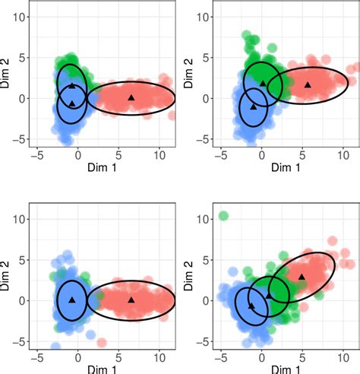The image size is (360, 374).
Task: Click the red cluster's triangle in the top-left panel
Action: (131, 97)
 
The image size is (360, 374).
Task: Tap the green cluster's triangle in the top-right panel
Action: (263, 84)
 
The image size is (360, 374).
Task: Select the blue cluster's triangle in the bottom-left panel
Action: (72, 300)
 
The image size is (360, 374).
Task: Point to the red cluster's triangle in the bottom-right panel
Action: (302, 277)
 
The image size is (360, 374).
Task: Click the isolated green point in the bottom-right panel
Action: (223, 216)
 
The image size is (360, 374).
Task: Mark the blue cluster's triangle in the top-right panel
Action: (254, 106)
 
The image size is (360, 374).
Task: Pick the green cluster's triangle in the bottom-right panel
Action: (268, 295)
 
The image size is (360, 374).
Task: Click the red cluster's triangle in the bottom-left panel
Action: (131, 300)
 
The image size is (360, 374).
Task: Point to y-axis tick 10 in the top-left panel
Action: (22, 16)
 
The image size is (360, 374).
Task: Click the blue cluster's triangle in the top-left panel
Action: (72, 103)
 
